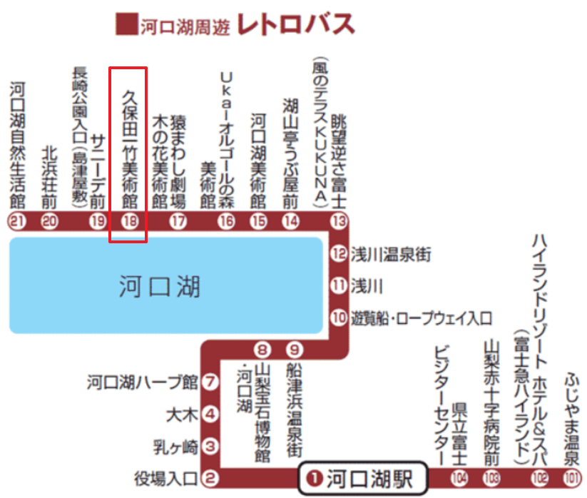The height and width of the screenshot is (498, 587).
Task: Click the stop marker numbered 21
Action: (16, 220)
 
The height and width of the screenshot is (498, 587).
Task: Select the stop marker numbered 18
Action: (129, 220)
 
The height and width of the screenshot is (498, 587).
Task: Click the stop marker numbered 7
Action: (210, 382)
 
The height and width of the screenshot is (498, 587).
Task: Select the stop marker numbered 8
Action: (262, 350)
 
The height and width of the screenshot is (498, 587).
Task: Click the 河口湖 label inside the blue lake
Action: (160, 288)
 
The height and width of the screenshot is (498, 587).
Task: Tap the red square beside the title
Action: (126, 24)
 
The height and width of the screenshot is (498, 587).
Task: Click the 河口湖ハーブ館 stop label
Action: (142, 382)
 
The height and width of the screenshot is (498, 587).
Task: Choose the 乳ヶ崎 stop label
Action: (175, 447)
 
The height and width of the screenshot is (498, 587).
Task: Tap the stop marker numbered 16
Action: (226, 220)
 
